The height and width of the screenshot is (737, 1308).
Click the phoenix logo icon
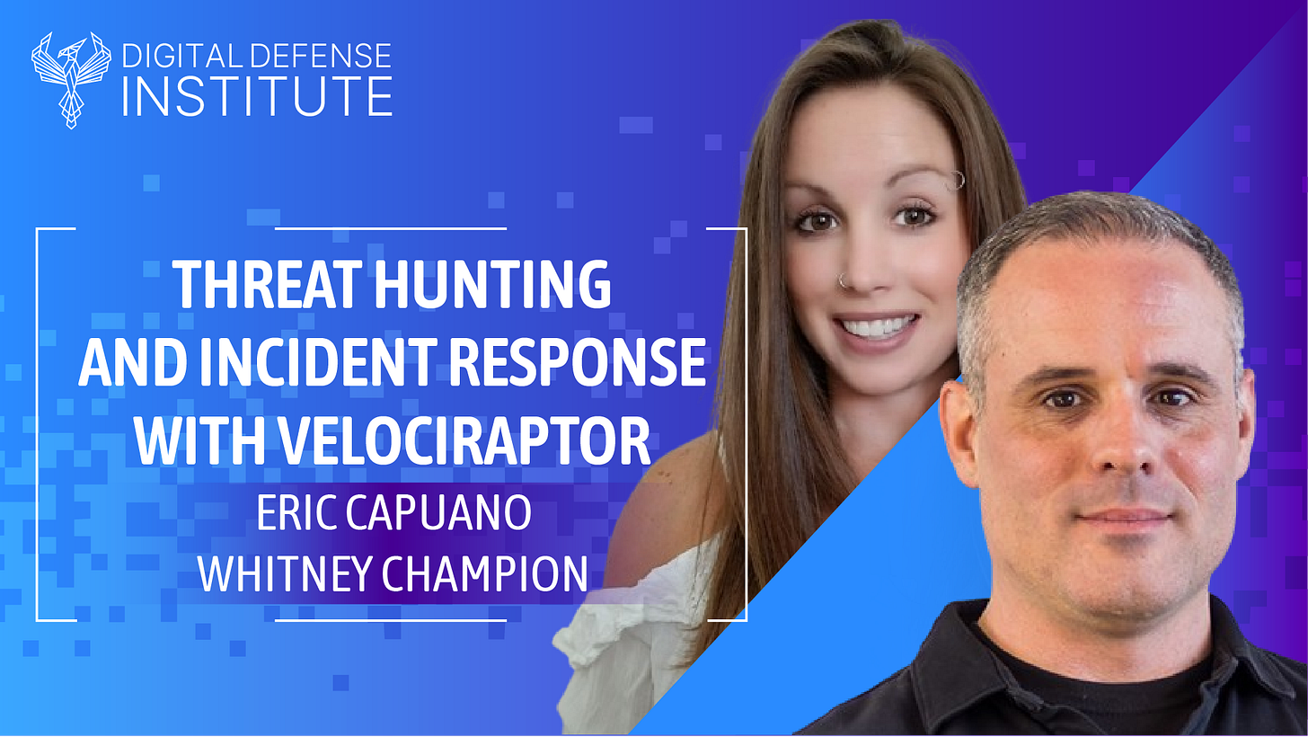tap(71, 78)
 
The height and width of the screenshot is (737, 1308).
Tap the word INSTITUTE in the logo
tap(257, 97)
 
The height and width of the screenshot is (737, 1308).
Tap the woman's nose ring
tap(843, 280)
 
